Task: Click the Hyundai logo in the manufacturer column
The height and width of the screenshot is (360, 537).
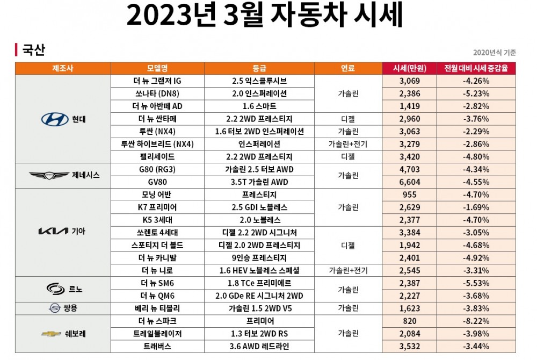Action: click(54, 119)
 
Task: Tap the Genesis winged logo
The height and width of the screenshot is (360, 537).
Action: click(49, 175)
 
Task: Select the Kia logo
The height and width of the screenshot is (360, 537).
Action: click(52, 232)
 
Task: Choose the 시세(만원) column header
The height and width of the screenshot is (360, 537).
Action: click(409, 68)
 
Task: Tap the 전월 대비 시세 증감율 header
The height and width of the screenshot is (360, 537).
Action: click(476, 68)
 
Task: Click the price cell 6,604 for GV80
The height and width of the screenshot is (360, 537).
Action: click(409, 182)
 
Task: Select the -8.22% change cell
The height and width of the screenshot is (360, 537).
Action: click(476, 321)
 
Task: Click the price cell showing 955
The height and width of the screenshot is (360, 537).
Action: click(409, 195)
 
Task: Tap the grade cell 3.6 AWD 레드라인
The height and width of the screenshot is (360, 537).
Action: click(259, 347)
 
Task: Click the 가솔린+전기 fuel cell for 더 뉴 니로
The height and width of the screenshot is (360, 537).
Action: click(348, 270)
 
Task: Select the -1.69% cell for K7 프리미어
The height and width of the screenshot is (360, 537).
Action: click(476, 207)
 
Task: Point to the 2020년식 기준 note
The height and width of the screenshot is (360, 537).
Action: click(495, 53)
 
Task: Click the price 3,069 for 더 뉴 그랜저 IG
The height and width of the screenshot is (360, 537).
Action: click(409, 81)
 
